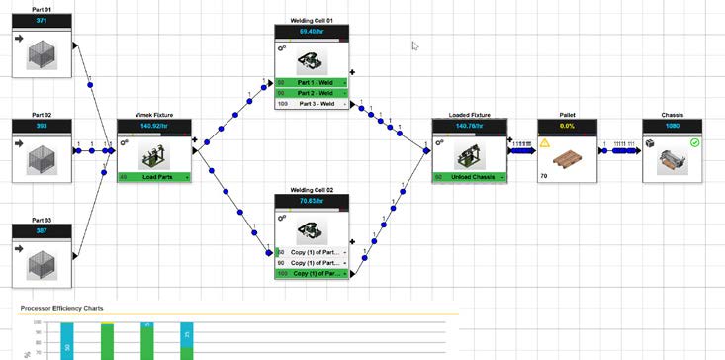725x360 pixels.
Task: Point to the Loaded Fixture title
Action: tap(470, 116)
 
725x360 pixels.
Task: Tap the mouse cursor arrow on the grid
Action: tap(415, 45)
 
